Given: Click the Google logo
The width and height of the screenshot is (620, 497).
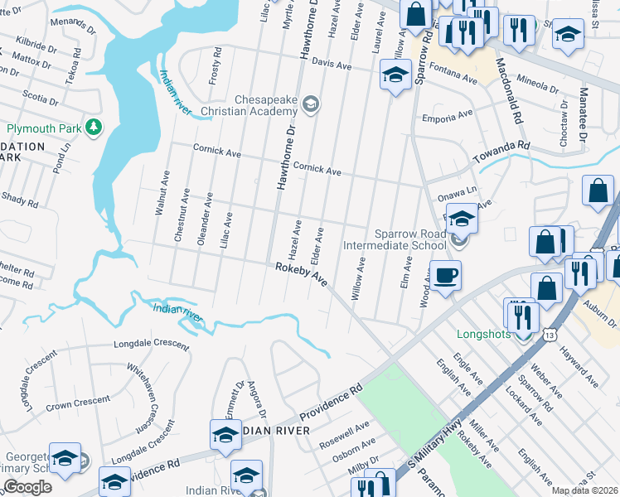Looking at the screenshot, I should pos(27,486).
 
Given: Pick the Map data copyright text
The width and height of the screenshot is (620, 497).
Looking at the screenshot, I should pos(585,490).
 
